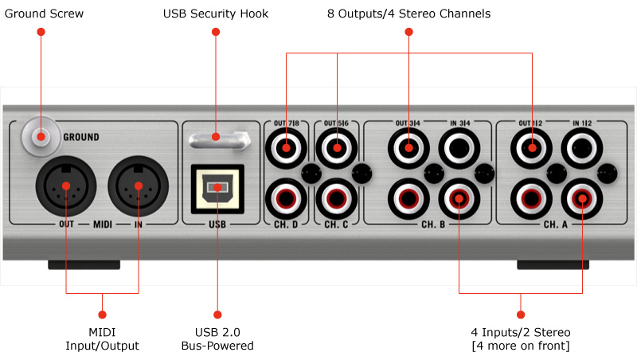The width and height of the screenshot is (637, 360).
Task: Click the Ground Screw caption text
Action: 42,14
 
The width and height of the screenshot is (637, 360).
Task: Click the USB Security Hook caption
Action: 216,14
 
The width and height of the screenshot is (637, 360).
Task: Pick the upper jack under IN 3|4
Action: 458,147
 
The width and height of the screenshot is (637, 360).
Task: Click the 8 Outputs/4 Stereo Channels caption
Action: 409,14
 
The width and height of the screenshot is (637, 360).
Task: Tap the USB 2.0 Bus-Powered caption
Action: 217,338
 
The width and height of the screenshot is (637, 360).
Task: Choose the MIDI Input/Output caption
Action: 102,338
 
